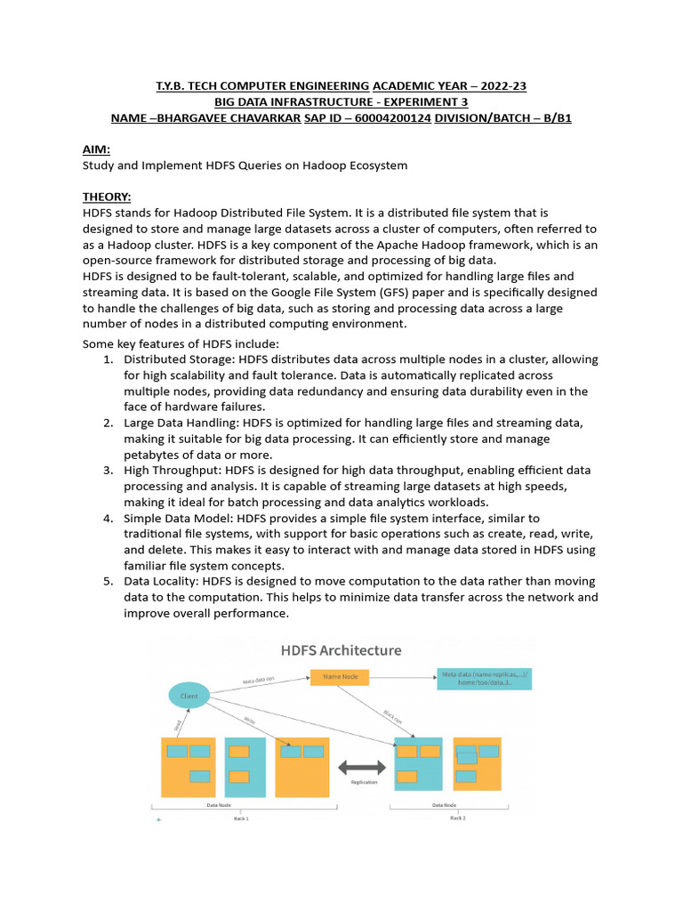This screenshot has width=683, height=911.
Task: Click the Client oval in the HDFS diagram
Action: coord(189,695)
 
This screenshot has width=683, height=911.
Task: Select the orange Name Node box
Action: coord(339,678)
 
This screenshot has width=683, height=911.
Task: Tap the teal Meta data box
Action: coord(484,679)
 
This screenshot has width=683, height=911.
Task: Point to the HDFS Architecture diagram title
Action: coord(341,650)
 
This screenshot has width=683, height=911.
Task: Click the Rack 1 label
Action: coord(241,818)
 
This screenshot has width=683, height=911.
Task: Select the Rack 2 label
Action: coord(458,818)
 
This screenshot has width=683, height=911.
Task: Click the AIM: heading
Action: coord(96,151)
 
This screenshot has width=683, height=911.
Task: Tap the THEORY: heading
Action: coord(107,197)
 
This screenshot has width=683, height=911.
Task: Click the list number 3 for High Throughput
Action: coord(107,470)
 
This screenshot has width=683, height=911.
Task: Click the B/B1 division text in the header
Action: coord(553,117)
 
